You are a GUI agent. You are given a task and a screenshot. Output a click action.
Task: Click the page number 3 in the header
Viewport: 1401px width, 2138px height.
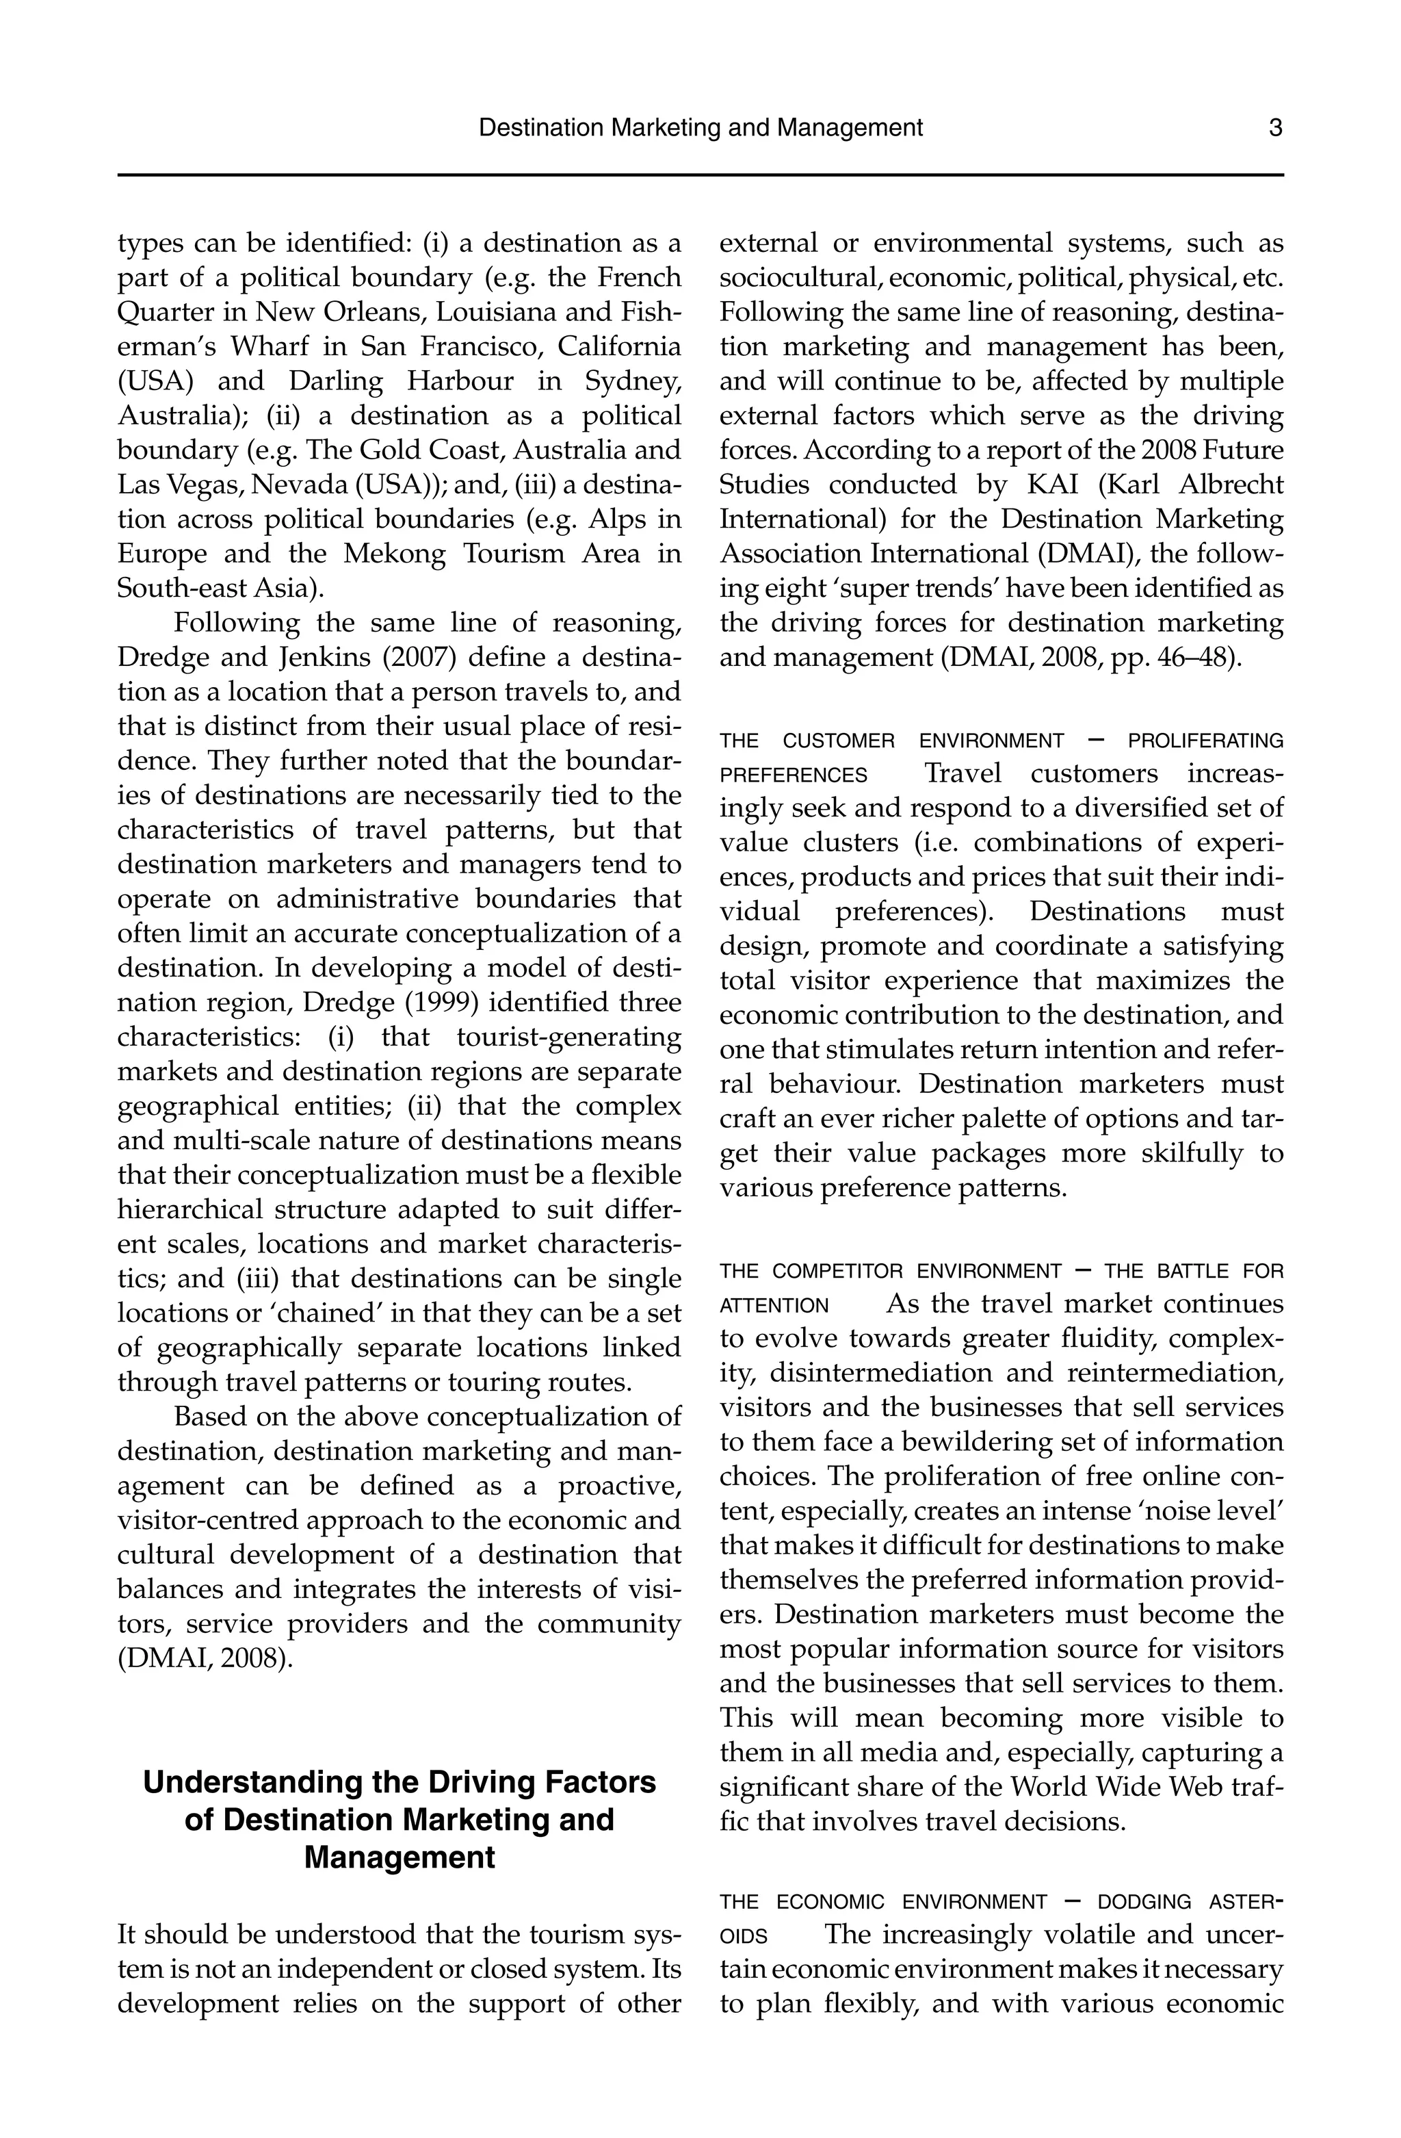(x=1275, y=127)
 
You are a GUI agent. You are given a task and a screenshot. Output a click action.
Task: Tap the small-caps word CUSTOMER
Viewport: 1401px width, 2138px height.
(x=838, y=741)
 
